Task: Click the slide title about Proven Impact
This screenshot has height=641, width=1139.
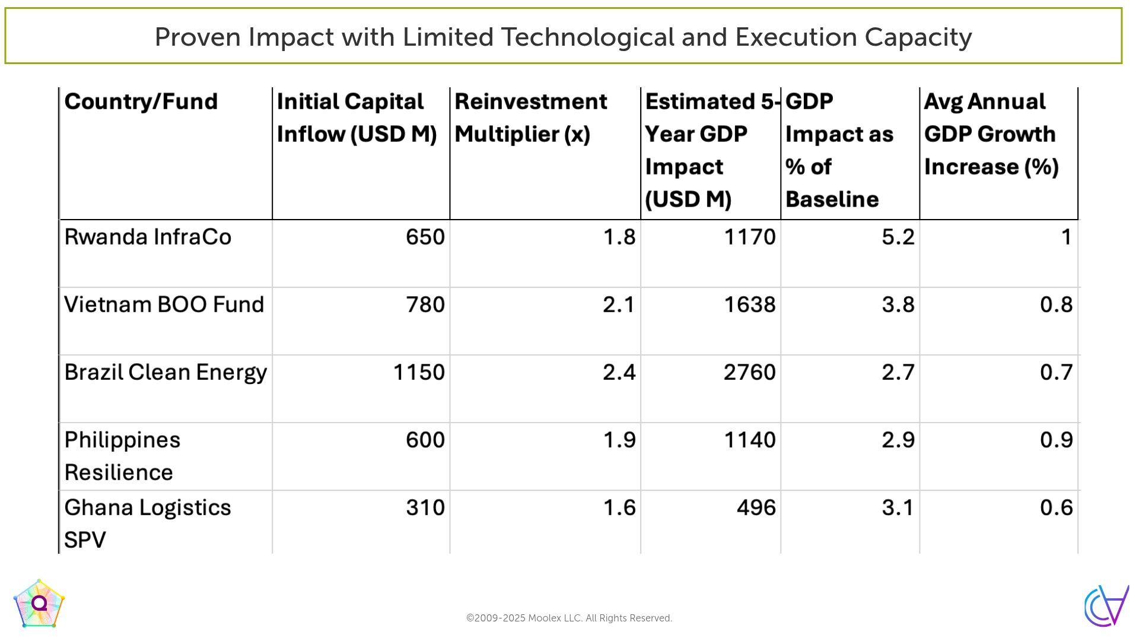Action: click(x=563, y=37)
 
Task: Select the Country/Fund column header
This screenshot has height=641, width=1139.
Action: click(x=141, y=101)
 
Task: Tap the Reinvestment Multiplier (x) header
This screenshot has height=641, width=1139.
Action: click(x=531, y=118)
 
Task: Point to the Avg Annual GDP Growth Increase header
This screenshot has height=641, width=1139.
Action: click(x=991, y=134)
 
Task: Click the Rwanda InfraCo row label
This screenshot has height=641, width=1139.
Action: click(x=148, y=237)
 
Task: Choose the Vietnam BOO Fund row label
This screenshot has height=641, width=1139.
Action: click(x=164, y=304)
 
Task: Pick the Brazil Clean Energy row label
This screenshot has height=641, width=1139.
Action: click(x=166, y=373)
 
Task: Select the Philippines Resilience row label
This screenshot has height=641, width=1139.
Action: click(x=122, y=456)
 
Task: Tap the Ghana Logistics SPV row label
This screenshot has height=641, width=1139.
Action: click(x=148, y=523)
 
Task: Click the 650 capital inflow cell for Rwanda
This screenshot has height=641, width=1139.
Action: click(x=425, y=237)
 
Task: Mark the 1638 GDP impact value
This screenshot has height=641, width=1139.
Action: click(x=750, y=304)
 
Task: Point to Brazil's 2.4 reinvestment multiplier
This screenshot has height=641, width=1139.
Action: click(x=619, y=372)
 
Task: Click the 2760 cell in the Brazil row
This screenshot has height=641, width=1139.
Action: click(x=750, y=372)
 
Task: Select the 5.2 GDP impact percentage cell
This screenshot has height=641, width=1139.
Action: click(x=898, y=237)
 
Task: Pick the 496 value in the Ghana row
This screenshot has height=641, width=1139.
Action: click(x=756, y=507)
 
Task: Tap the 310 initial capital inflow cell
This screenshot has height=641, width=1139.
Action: click(x=425, y=507)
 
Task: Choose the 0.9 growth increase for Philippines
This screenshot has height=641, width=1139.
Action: click(x=1057, y=440)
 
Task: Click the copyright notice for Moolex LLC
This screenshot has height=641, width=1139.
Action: click(x=569, y=618)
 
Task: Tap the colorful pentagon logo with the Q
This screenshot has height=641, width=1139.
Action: click(x=39, y=604)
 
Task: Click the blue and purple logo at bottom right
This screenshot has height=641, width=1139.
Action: click(x=1106, y=606)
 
